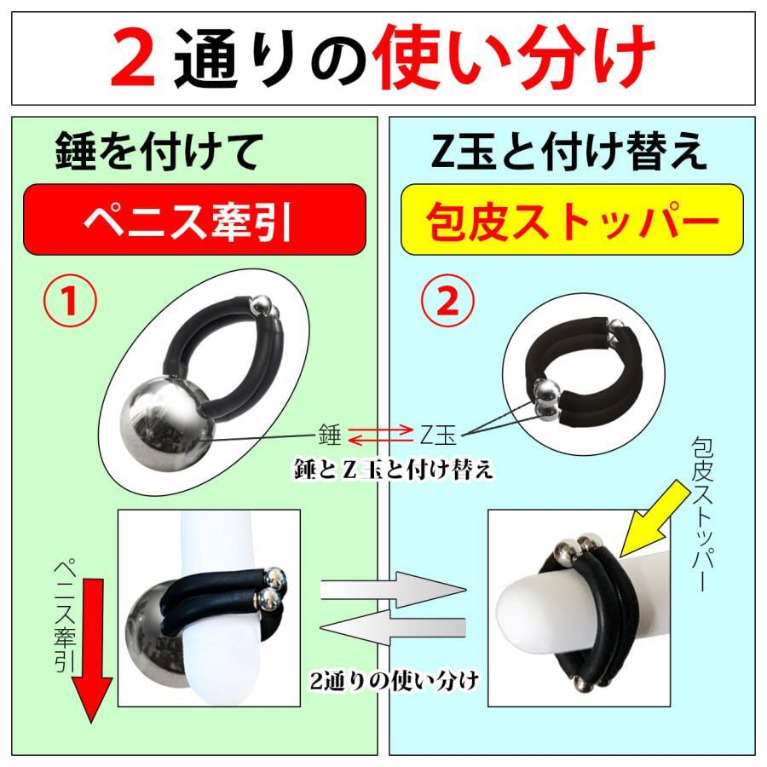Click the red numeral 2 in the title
click(x=133, y=58)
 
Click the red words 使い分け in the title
click(x=514, y=58)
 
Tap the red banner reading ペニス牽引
click(x=194, y=220)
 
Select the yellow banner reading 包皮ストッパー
click(x=572, y=220)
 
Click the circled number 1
click(x=71, y=302)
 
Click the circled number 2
click(x=447, y=302)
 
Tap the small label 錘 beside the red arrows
click(x=329, y=434)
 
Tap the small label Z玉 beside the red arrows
click(x=438, y=435)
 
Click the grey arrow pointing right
click(x=393, y=590)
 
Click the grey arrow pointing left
click(x=392, y=627)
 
